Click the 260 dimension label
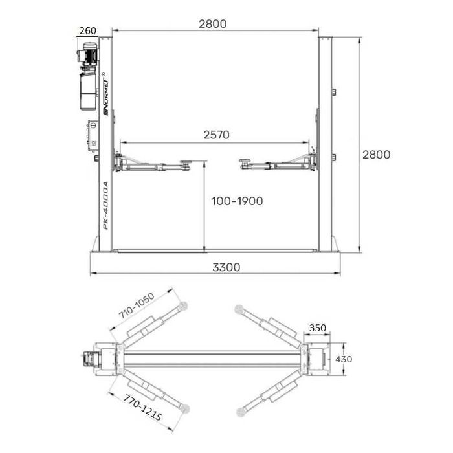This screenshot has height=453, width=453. [x=88, y=30]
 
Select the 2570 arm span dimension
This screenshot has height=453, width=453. [x=216, y=135]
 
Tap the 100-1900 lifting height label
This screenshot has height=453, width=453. [x=238, y=201]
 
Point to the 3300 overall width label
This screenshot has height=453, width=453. [x=226, y=267]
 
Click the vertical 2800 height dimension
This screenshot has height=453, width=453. [x=376, y=155]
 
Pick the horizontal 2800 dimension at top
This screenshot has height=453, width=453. [x=213, y=24]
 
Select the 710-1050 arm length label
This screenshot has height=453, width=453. [x=137, y=305]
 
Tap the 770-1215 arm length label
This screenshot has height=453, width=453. [x=143, y=407]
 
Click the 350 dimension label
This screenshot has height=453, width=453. [x=318, y=328]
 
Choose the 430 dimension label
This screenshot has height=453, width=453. [x=344, y=359]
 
